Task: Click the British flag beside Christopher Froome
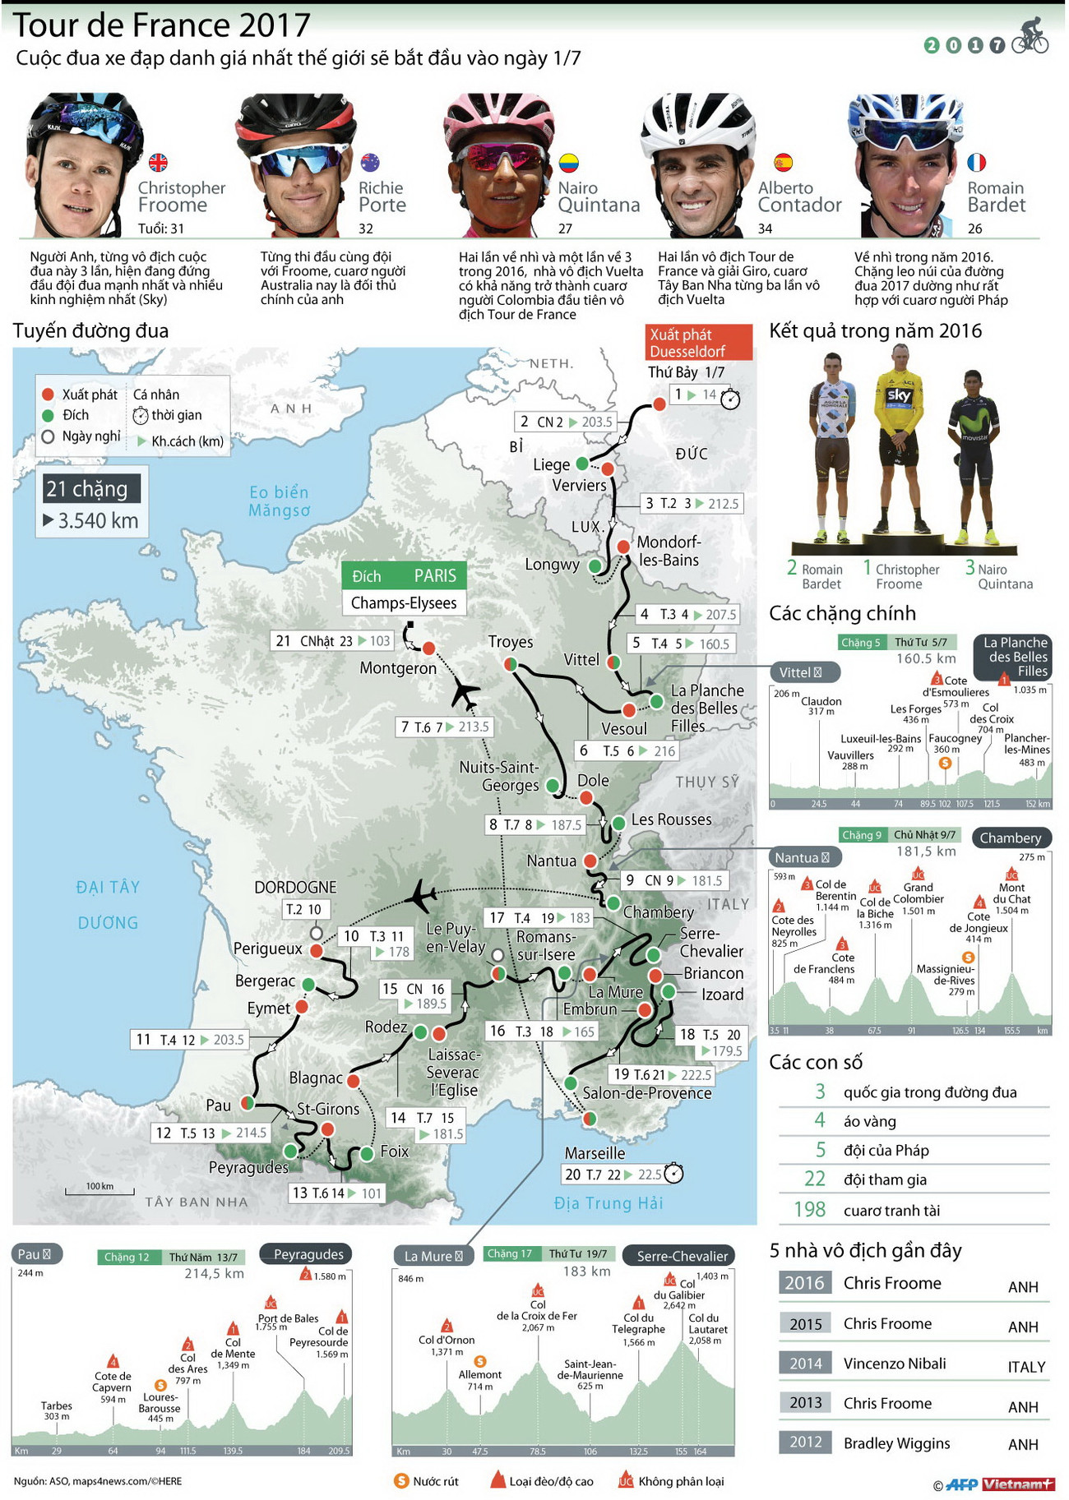pos(157,163)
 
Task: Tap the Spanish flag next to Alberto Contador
pos(783,162)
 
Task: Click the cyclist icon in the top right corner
pos(1030,36)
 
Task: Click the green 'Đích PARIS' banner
pos(404,575)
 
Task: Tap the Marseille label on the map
pos(595,1153)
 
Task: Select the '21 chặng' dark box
pos(91,489)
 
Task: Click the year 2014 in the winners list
pos(805,1364)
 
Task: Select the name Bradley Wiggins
pos(896,1443)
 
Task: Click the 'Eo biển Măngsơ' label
pos(280,501)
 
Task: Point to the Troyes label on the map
pos(511,642)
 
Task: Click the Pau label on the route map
pos(218,1105)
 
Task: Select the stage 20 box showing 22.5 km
pos(622,1175)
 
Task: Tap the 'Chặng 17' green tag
pos(509,1254)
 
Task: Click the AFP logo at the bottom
pos(961,1484)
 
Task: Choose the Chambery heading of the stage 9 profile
pos(1011,838)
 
